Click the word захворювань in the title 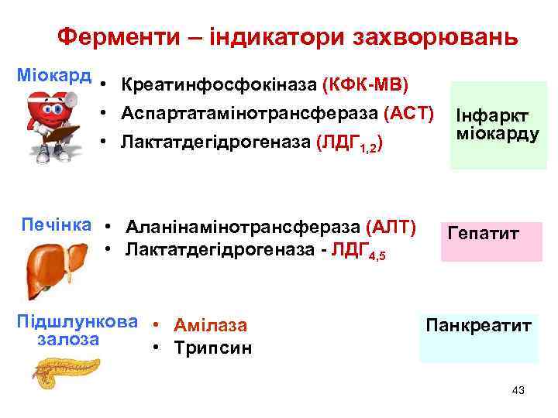pos(435,36)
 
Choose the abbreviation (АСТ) pos(408,113)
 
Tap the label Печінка pos(55,225)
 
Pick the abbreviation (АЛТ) pos(391,228)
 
